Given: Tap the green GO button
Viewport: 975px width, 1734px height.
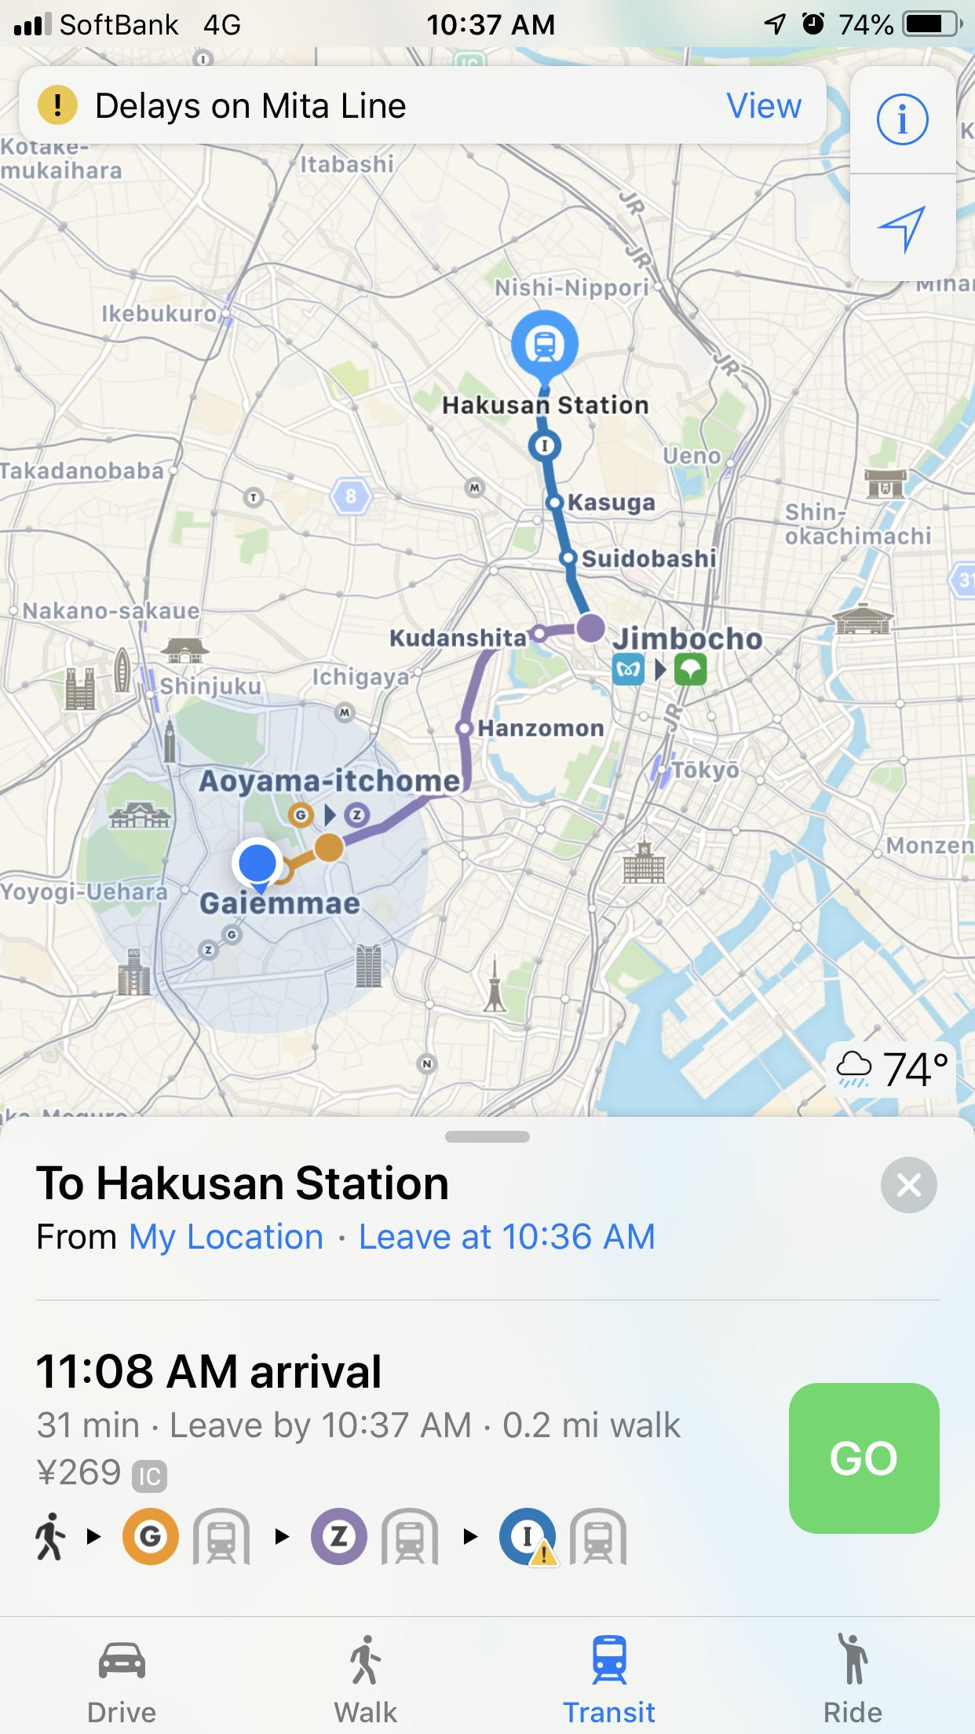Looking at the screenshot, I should [864, 1458].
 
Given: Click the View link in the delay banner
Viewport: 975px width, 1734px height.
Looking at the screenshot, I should [764, 106].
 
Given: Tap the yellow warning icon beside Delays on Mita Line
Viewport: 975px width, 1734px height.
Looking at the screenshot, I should [57, 105].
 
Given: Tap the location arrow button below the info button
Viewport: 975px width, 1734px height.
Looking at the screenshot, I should [902, 229].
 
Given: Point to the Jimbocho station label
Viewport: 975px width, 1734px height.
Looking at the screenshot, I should [688, 638].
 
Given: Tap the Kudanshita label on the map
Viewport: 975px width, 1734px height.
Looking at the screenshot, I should [458, 638].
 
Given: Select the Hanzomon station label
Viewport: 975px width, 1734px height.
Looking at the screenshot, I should [541, 728].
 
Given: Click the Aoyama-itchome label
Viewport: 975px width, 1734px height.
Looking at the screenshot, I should [330, 781].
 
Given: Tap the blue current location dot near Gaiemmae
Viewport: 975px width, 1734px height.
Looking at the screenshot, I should [257, 862].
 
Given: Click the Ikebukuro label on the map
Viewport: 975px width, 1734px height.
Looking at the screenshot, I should [159, 313].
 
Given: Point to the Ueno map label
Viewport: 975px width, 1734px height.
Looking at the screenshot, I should [692, 455].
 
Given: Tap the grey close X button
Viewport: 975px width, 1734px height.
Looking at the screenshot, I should [908, 1185].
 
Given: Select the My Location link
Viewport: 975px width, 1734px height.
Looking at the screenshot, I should [226, 1237].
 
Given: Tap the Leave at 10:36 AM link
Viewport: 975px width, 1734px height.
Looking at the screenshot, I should [506, 1237].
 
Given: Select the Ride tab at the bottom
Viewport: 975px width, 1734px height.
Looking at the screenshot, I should [853, 1677].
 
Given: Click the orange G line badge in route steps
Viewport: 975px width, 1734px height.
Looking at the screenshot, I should [150, 1536].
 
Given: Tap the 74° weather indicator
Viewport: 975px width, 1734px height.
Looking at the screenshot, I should [892, 1070].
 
